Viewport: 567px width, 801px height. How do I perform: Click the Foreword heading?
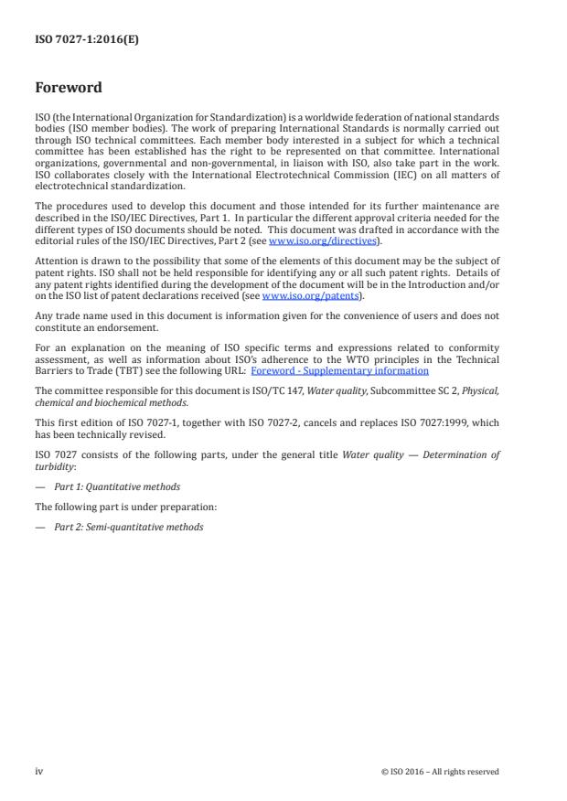coord(69,89)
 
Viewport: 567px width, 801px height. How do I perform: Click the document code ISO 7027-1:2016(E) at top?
coord(74,38)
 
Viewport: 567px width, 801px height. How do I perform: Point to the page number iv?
coord(38,771)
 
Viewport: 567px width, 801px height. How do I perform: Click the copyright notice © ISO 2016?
coord(440,772)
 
